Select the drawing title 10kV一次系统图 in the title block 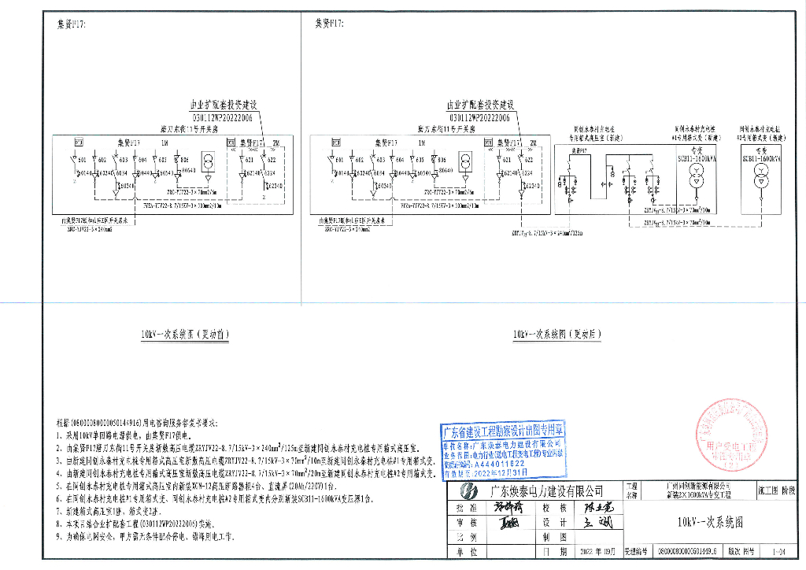tap(712, 522)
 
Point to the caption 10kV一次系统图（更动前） tap(184, 335)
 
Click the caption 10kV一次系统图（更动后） tap(557, 335)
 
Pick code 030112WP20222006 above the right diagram tap(479, 117)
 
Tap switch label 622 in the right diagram tap(529, 160)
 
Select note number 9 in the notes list tap(60, 537)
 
